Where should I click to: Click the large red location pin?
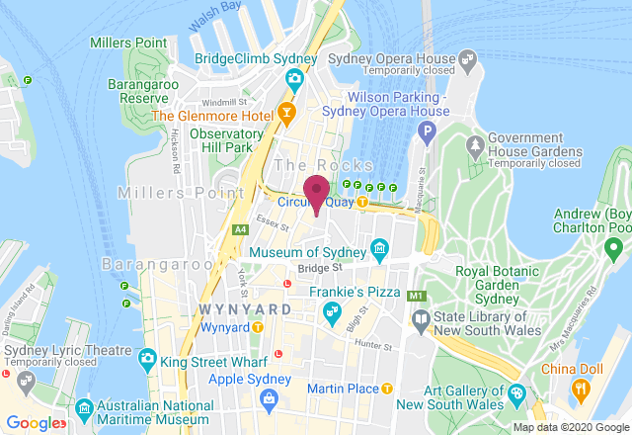[316, 191]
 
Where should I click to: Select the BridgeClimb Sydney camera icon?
[293, 79]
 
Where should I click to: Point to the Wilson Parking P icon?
[428, 130]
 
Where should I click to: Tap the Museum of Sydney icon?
[378, 247]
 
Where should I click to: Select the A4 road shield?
[239, 230]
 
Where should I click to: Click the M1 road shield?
[417, 295]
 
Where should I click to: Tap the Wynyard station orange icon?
[257, 326]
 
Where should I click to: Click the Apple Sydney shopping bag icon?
[268, 396]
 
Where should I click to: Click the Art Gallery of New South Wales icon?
[515, 394]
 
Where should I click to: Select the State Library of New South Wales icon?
[421, 318]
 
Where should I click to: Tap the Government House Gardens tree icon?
[476, 146]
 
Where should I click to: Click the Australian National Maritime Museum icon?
[84, 407]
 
